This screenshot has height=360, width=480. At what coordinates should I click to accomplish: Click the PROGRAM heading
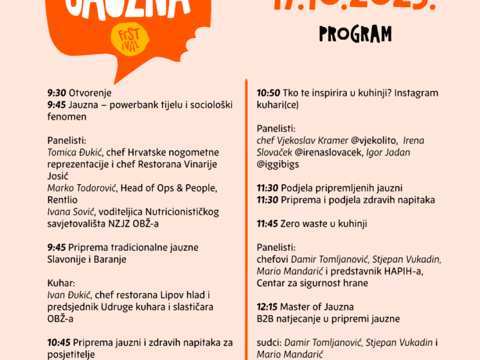click(x=355, y=34)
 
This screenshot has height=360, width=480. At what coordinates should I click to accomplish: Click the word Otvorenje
click(x=90, y=93)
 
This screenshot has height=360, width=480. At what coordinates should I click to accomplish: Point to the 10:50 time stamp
click(x=268, y=93)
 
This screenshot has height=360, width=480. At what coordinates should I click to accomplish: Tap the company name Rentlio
click(x=63, y=200)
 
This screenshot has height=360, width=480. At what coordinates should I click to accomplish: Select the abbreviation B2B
click(x=266, y=319)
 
